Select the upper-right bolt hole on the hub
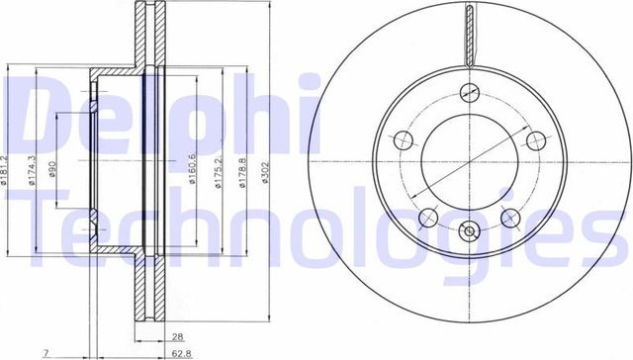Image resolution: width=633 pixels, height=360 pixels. [537, 139]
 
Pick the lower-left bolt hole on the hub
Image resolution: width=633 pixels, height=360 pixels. [428, 218]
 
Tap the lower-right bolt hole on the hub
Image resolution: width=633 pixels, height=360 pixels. [511, 218]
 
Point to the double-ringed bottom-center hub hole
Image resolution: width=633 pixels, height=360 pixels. [470, 234]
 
